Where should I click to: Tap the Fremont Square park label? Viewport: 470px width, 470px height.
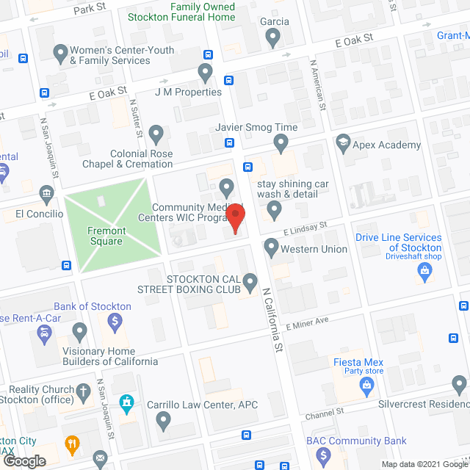click(x=107, y=236)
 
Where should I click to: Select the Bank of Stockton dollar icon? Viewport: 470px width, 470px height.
click(x=115, y=321)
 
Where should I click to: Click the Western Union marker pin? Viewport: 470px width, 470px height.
click(x=272, y=247)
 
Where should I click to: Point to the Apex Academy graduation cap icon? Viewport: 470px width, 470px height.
click(x=343, y=142)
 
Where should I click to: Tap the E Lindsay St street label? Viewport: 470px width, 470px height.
click(x=301, y=231)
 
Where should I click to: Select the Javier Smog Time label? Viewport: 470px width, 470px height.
click(x=256, y=127)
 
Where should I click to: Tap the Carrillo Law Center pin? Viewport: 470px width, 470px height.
click(x=163, y=421)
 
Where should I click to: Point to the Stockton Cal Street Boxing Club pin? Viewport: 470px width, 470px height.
click(x=250, y=281)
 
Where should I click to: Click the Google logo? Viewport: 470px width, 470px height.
click(x=23, y=460)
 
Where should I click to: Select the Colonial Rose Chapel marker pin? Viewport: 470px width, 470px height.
click(x=156, y=134)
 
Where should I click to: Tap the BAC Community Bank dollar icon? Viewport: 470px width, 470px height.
click(x=323, y=456)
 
